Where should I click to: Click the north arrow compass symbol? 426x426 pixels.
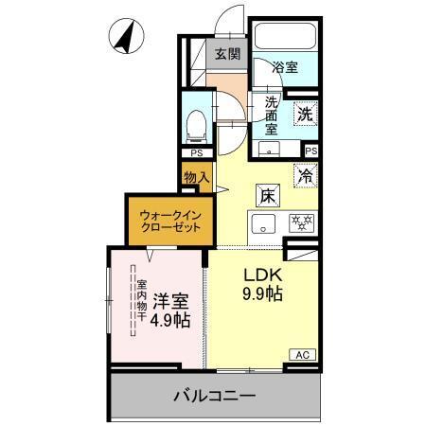pyautogui.click(x=124, y=38)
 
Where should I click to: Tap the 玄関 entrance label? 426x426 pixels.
pyautogui.click(x=226, y=54)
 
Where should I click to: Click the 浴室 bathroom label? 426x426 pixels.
pyautogui.click(x=285, y=68)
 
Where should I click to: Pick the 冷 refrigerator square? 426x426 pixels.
pyautogui.click(x=306, y=174)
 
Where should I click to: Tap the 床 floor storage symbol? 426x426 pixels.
pyautogui.click(x=267, y=196)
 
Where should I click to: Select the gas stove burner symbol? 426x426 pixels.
pyautogui.click(x=301, y=224)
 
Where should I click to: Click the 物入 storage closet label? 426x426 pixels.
pyautogui.click(x=196, y=177)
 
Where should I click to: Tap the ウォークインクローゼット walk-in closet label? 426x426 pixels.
pyautogui.click(x=167, y=221)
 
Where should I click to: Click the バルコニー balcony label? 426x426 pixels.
pyautogui.click(x=214, y=395)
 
